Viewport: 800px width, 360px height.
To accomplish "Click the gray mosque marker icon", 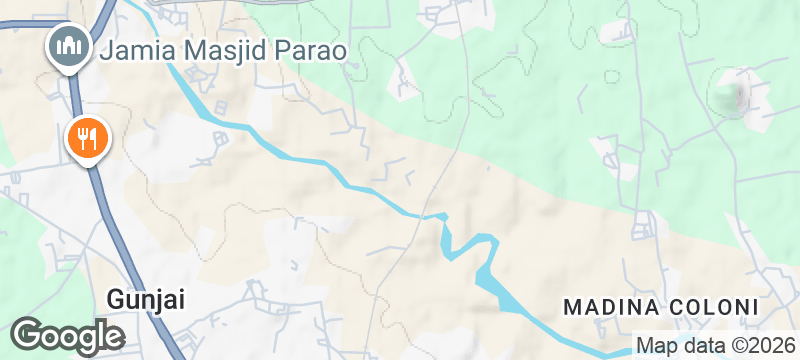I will click(x=68, y=46).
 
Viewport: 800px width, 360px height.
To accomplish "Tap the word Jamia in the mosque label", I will click(x=134, y=47).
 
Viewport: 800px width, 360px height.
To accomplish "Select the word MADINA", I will click(x=609, y=305).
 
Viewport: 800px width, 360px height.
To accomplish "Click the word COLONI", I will click(x=711, y=305).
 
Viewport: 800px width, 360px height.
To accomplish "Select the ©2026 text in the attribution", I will click(x=759, y=347).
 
